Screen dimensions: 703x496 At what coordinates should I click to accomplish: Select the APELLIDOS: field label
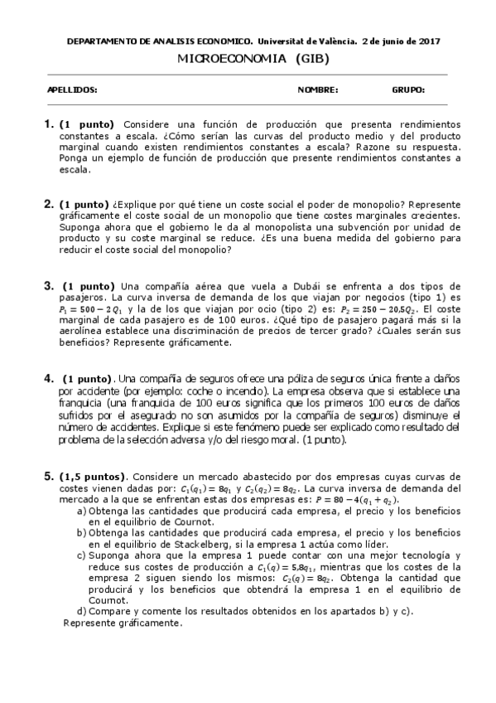[72, 90]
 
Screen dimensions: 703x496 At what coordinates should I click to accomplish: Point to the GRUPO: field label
[408, 90]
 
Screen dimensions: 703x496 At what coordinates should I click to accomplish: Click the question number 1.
[47, 124]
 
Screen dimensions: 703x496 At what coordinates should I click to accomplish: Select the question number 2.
[47, 203]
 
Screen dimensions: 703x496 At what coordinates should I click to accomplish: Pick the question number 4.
[47, 378]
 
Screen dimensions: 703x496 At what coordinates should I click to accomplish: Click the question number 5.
[47, 478]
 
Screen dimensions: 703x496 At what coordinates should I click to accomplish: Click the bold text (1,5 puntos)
[93, 478]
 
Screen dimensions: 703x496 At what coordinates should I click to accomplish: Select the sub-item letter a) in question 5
[81, 511]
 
